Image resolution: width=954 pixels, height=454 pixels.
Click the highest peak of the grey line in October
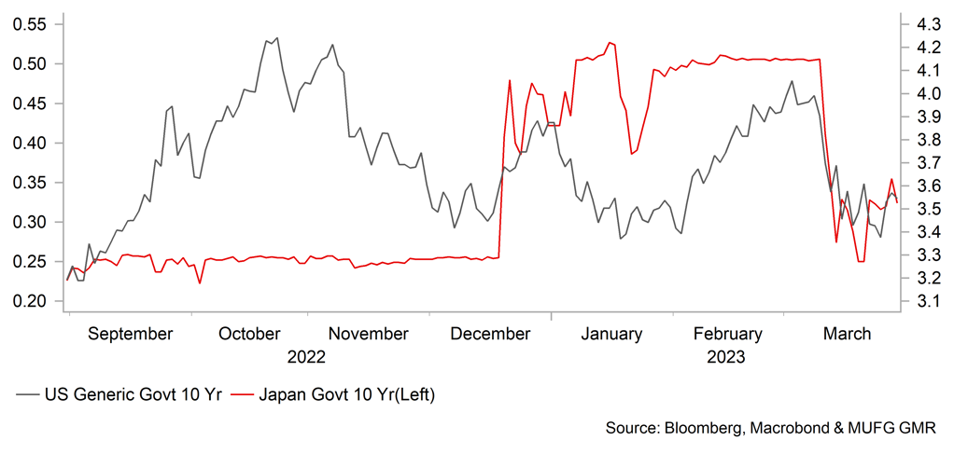pos(276,38)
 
